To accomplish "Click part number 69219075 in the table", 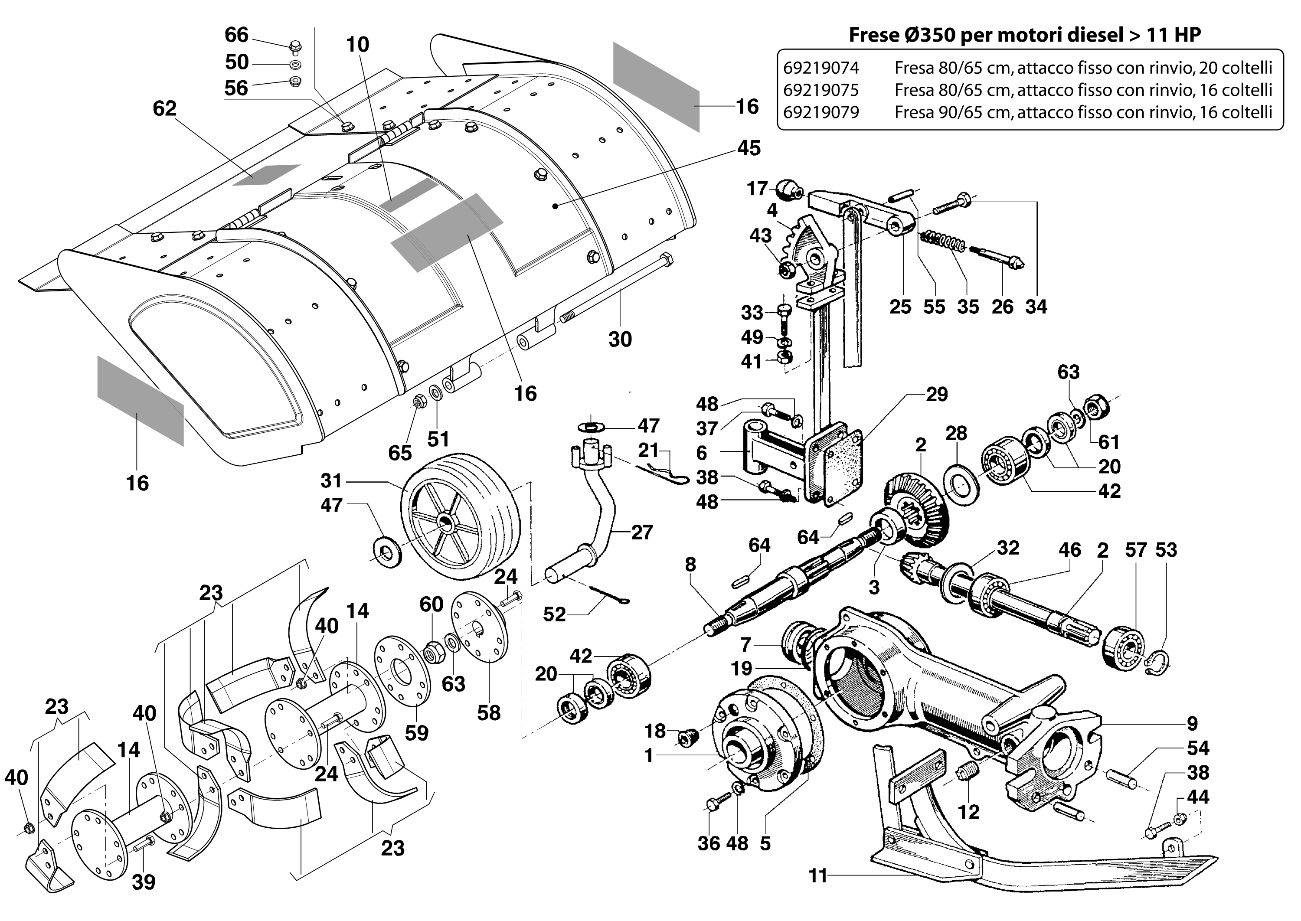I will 820,90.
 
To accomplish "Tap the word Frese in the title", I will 874,35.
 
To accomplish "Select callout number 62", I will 164,108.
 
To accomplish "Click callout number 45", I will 749,149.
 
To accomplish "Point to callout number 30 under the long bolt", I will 620,340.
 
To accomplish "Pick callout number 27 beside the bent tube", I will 641,532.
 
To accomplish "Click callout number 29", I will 936,394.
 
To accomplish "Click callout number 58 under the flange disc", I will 488,713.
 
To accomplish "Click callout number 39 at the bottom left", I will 144,882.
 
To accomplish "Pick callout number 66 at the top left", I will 236,35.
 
